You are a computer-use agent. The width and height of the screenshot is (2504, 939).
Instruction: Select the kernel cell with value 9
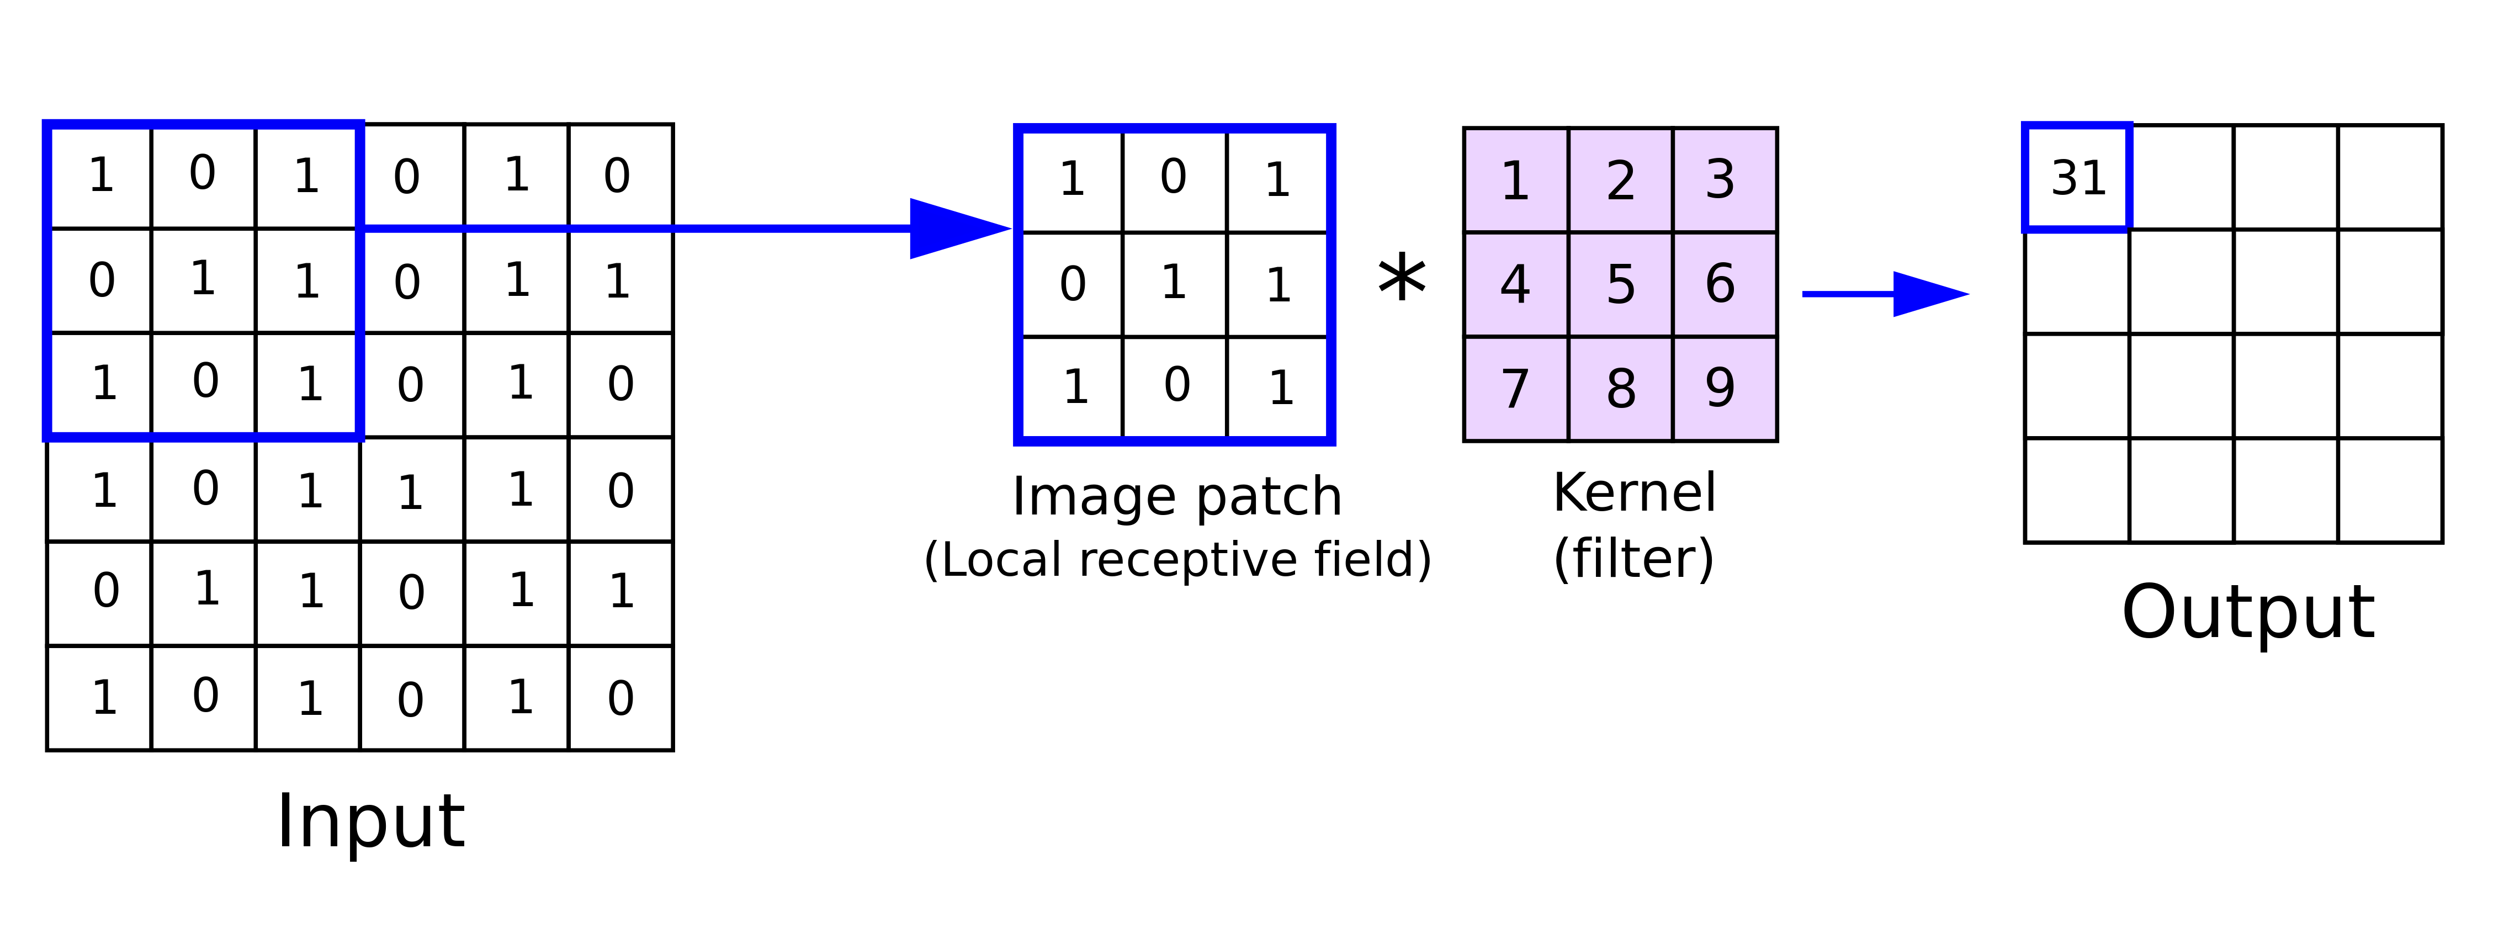tap(1723, 389)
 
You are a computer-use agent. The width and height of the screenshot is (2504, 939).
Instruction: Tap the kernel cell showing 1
tap(1515, 180)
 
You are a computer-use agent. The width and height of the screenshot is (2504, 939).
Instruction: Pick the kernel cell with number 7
tap(1515, 389)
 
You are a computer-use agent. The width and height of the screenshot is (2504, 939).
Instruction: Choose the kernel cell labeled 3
tap(1723, 180)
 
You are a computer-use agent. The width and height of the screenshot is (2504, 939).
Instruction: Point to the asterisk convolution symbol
tap(1402, 280)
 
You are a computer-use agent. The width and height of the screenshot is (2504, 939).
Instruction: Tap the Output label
tap(2247, 612)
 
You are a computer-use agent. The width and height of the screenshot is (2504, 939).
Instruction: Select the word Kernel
tap(1634, 493)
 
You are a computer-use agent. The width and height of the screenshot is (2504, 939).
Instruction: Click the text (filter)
tap(1634, 559)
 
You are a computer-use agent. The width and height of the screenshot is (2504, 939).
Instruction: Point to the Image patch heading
tap(1176, 497)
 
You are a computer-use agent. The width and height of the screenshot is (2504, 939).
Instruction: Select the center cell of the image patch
tap(1174, 284)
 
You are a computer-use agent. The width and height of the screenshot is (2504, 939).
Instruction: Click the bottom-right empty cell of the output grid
tap(2389, 490)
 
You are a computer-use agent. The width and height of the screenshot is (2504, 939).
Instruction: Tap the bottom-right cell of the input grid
tap(620, 698)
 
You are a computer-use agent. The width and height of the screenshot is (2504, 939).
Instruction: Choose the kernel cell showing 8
tap(1620, 389)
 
